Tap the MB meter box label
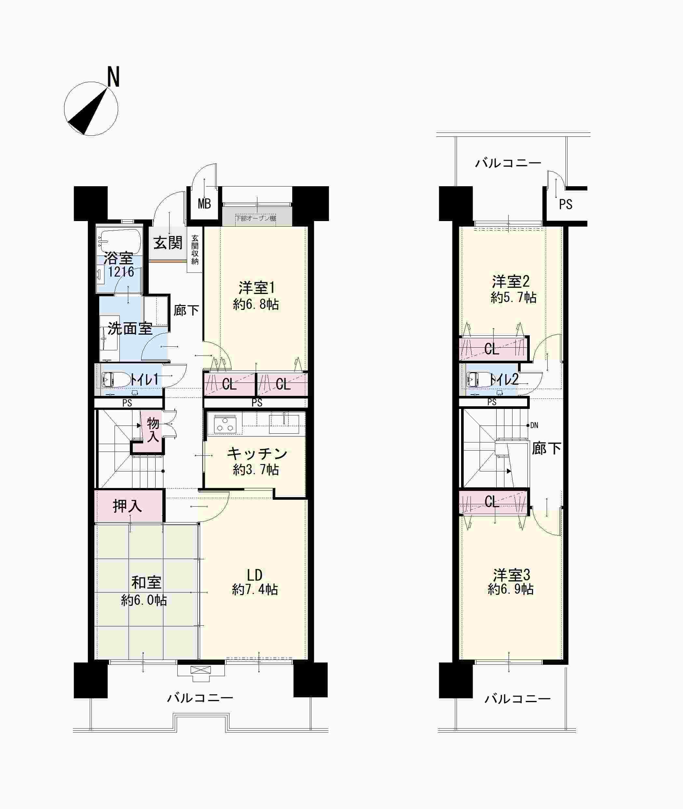coord(204,203)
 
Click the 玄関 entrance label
coord(168,243)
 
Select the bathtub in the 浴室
coord(120,240)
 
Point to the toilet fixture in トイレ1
coord(116,379)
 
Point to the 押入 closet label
coord(127,506)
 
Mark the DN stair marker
coord(534,425)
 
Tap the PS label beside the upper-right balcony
coord(566,204)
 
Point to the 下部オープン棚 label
coord(256,218)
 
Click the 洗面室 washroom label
coord(130,328)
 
